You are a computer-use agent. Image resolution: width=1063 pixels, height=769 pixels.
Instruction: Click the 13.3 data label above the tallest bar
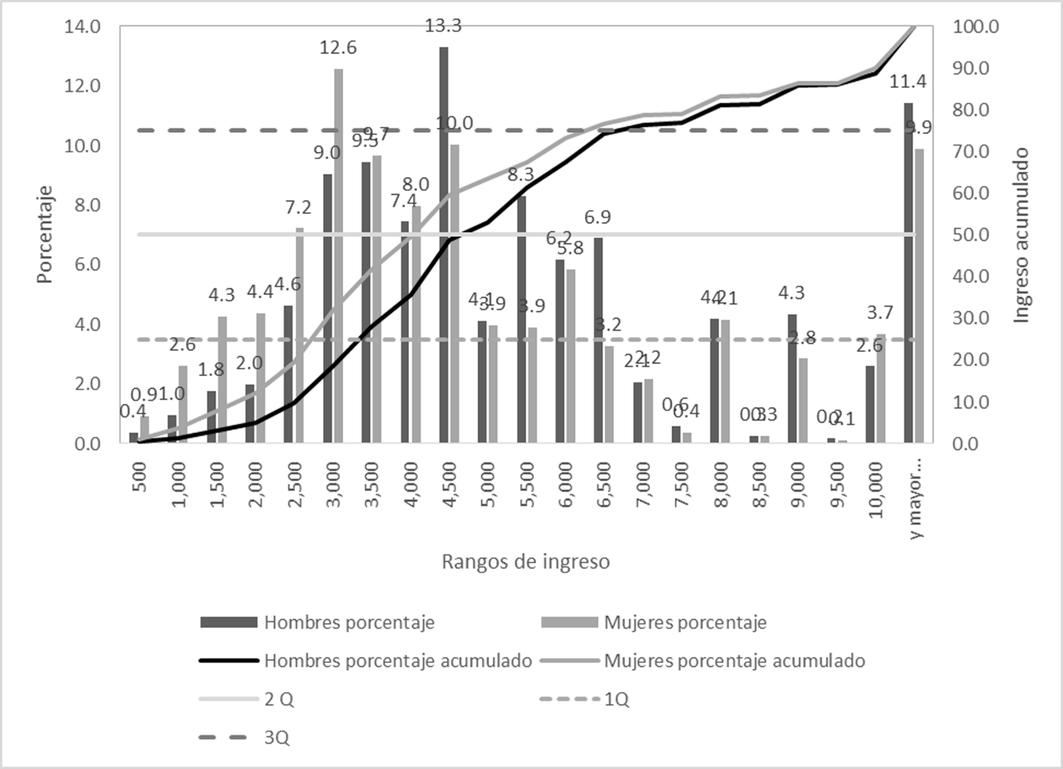444,26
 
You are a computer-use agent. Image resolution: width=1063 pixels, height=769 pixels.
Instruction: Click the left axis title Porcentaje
45,234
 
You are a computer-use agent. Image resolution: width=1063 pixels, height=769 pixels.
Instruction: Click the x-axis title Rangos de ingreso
527,562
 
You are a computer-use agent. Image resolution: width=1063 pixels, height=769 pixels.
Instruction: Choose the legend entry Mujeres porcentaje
685,622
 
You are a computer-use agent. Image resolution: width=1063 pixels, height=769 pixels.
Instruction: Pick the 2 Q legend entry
278,700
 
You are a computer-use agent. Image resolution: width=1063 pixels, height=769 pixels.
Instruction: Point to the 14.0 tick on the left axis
83,27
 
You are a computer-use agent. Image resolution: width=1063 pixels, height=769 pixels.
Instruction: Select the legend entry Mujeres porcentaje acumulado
736,661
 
